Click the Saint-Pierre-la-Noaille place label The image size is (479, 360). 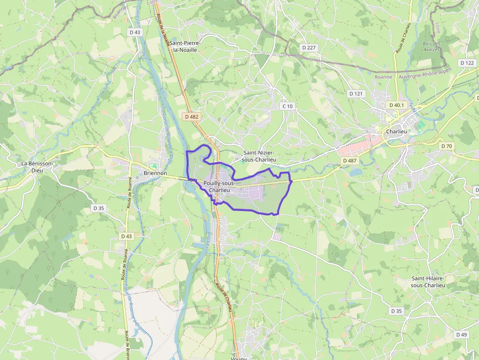[185, 46]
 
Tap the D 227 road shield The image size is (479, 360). [309, 47]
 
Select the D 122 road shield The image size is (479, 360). [467, 63]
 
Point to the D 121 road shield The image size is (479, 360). [356, 93]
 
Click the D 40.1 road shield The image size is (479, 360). [396, 105]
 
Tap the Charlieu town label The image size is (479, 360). [396, 132]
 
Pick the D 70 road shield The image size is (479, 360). [447, 146]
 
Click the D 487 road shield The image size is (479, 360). [350, 160]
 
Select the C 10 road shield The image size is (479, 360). [287, 106]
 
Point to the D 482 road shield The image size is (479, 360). [192, 117]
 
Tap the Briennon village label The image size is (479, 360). [155, 173]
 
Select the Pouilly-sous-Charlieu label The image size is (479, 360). [219, 186]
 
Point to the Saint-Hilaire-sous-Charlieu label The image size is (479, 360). [428, 282]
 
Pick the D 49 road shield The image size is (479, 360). [461, 335]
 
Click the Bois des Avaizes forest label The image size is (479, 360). [432, 46]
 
